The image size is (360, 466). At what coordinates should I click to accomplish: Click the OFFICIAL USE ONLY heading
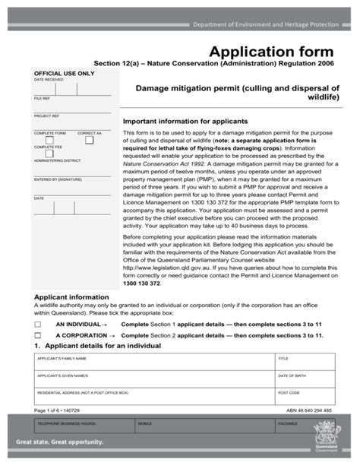[65, 74]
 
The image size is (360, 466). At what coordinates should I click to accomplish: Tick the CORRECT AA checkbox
[89, 140]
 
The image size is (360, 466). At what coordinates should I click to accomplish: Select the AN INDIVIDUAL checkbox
[37, 323]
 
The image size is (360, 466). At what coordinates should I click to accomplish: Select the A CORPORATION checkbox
[37, 334]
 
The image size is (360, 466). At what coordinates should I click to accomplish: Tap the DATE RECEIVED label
[49, 79]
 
